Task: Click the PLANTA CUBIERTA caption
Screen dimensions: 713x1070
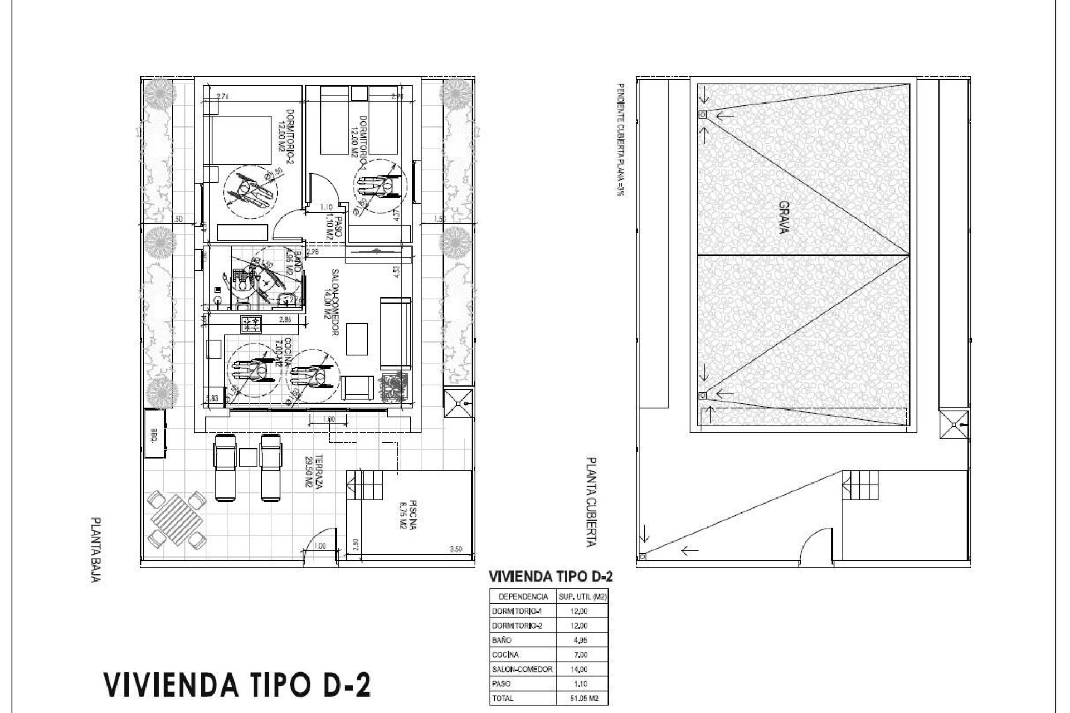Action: pyautogui.click(x=590, y=501)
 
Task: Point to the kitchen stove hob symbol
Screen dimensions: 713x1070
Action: pyautogui.click(x=251, y=324)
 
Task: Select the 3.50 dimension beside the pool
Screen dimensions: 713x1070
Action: pyautogui.click(x=455, y=549)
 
